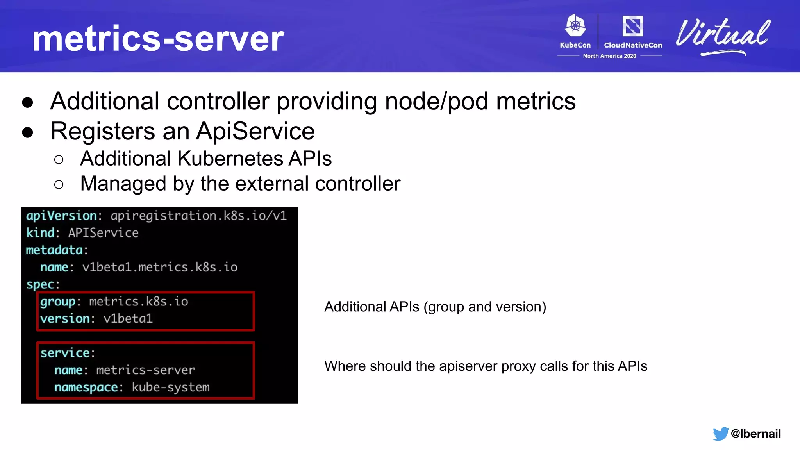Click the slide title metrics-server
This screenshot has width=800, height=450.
158,39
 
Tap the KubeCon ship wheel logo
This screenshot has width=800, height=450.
575,26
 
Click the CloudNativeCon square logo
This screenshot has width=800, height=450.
632,26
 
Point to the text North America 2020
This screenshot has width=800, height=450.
609,56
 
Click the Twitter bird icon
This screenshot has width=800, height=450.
720,434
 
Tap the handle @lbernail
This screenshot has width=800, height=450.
755,434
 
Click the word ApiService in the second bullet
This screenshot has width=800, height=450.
255,131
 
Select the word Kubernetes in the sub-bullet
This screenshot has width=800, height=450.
230,159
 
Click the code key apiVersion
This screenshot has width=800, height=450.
61,216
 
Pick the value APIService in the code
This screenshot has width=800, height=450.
103,233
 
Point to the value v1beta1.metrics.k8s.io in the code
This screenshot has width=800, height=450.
160,267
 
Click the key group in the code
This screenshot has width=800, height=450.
58,302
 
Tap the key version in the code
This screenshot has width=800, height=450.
65,319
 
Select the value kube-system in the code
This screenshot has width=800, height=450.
171,387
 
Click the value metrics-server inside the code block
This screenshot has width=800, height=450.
145,370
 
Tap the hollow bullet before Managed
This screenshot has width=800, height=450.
59,184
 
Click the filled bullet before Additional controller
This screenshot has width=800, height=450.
28,102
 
